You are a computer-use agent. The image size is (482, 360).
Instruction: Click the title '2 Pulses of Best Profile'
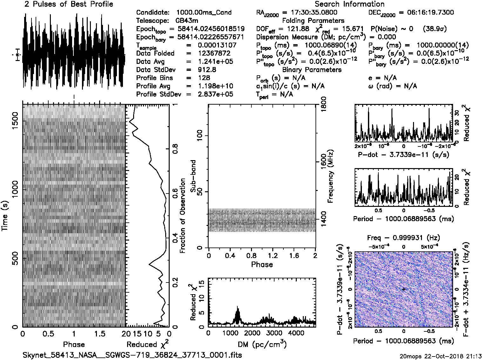(x=69, y=4)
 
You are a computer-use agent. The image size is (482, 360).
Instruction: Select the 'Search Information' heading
(x=349, y=4)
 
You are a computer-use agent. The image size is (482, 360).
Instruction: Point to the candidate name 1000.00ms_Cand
(x=204, y=13)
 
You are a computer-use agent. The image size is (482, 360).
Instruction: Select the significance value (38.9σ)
(x=435, y=29)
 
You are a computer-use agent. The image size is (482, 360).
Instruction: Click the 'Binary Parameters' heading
(x=312, y=70)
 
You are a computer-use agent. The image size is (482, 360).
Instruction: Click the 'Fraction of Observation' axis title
(x=182, y=216)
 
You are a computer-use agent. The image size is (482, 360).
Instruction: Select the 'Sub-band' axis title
(x=193, y=176)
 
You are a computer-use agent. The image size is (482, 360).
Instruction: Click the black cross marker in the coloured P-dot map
(x=404, y=289)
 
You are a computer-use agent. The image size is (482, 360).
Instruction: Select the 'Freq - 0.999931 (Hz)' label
(x=404, y=238)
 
